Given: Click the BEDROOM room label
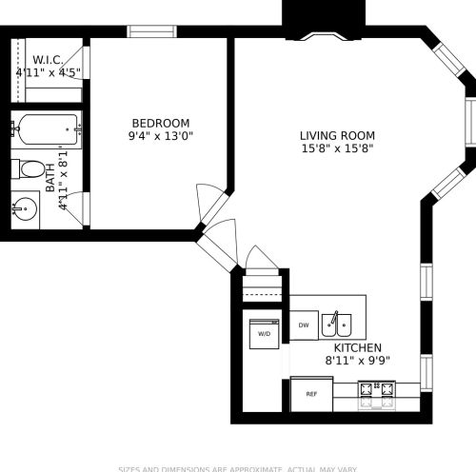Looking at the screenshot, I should pyautogui.click(x=160, y=123).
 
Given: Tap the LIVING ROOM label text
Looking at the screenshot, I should pyautogui.click(x=337, y=135).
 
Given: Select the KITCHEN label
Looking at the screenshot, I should pyautogui.click(x=357, y=348).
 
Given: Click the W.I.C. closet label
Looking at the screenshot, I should pyautogui.click(x=48, y=59).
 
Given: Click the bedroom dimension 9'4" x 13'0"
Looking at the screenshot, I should pyautogui.click(x=160, y=136).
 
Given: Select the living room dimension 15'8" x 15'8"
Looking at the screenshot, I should pyautogui.click(x=337, y=148).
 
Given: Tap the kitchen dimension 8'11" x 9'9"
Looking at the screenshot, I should pyautogui.click(x=357, y=361).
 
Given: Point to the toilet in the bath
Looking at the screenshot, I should pyautogui.click(x=35, y=171).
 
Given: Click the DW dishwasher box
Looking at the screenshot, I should pyautogui.click(x=304, y=325).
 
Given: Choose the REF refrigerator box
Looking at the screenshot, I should pyautogui.click(x=311, y=393).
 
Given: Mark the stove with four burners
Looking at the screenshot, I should pyautogui.click(x=376, y=391).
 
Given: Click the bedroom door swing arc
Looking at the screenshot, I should pyautogui.click(x=207, y=199).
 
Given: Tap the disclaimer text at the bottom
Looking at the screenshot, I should pyautogui.click(x=238, y=467).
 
